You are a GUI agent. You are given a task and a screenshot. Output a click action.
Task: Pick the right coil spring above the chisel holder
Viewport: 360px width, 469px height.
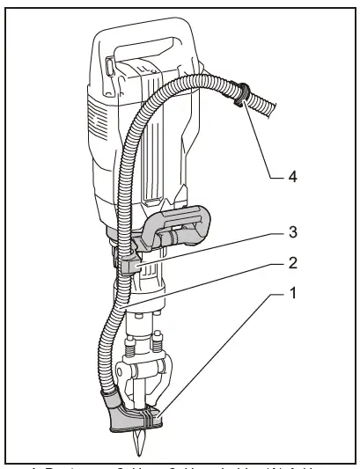158,341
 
